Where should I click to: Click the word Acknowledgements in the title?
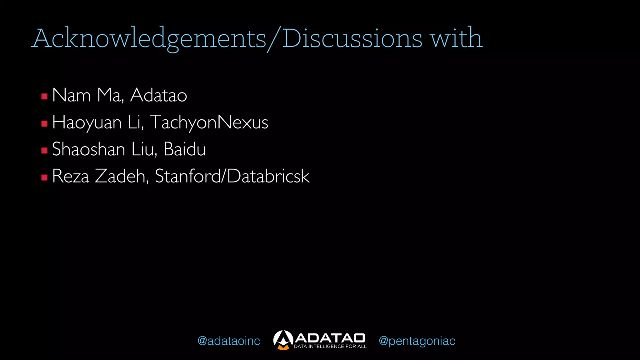149,39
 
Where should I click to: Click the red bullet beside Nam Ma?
44,96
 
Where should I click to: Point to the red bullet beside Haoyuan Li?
44,123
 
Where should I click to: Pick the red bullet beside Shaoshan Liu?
44,151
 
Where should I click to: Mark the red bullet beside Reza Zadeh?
44,177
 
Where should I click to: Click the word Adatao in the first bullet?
158,95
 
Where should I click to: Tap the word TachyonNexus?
209,122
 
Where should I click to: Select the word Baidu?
185,149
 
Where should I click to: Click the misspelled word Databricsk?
268,176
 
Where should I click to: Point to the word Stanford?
187,176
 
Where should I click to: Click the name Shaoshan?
88,149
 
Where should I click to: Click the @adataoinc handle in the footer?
229,341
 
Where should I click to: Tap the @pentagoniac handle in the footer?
417,341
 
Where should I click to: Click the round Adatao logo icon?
283,340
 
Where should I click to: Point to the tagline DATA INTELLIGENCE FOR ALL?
330,346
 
